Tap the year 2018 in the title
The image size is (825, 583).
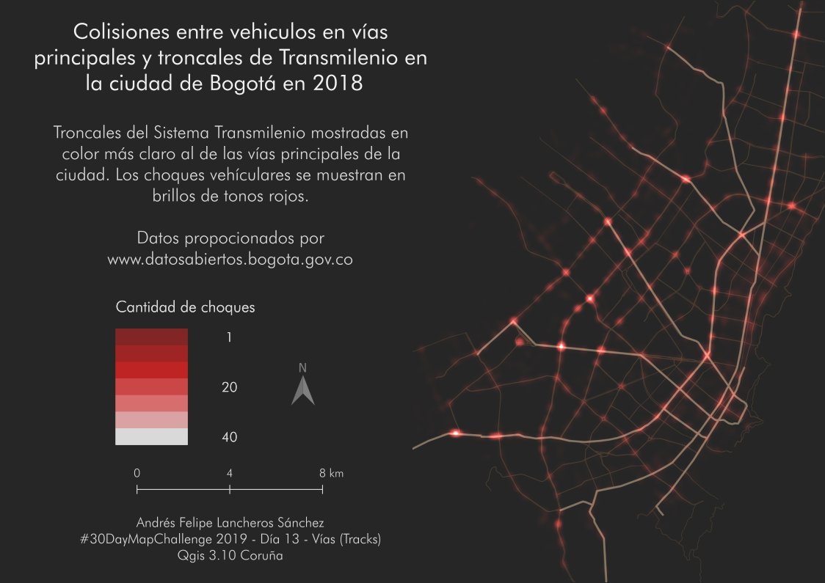(x=338, y=84)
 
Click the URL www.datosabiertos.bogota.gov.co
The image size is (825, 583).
(x=230, y=260)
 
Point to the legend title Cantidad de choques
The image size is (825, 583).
(x=186, y=307)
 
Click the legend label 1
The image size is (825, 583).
(x=230, y=337)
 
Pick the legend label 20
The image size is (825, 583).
(x=230, y=387)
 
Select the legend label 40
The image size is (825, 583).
(x=230, y=437)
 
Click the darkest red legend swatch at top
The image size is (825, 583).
(x=152, y=337)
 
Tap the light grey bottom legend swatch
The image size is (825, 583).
(x=152, y=437)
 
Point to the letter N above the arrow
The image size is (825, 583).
(x=302, y=367)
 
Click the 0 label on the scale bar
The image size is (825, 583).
(x=137, y=473)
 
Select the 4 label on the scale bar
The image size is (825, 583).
(x=230, y=473)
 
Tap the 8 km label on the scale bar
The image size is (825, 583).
(x=331, y=473)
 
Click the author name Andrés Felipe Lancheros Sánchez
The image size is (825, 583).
(x=230, y=522)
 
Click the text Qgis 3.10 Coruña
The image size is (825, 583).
(x=230, y=556)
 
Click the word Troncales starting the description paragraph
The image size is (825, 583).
(x=91, y=134)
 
